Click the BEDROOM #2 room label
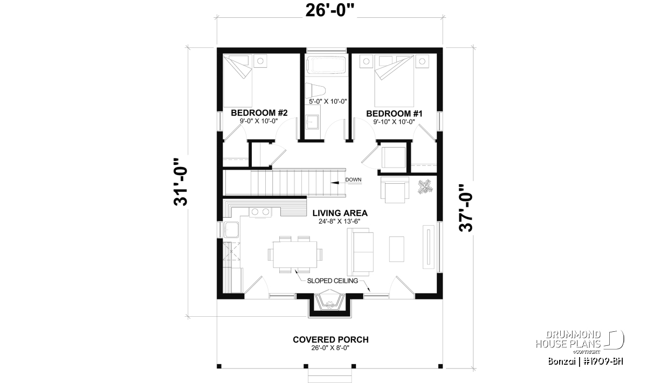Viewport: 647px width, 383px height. pyautogui.click(x=259, y=113)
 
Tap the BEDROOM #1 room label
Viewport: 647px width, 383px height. pyautogui.click(x=394, y=114)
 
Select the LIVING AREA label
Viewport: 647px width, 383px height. pyautogui.click(x=340, y=213)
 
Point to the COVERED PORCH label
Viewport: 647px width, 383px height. pyautogui.click(x=331, y=340)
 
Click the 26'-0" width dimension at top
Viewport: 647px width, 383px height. pyautogui.click(x=329, y=11)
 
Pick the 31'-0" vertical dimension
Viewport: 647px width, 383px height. pyautogui.click(x=181, y=182)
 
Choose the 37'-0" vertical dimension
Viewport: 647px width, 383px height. pyautogui.click(x=466, y=208)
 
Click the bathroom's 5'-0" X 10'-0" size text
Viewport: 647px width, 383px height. pyautogui.click(x=328, y=101)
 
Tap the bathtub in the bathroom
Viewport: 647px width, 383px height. pyautogui.click(x=326, y=65)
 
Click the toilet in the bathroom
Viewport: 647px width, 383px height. pyautogui.click(x=315, y=90)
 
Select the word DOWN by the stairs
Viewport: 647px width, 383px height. pyautogui.click(x=353, y=179)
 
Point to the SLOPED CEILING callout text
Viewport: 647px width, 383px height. pyautogui.click(x=333, y=281)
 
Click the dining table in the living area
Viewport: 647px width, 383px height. pyautogui.click(x=295, y=255)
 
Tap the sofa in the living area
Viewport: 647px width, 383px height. pyautogui.click(x=360, y=252)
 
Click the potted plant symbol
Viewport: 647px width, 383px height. pyautogui.click(x=425, y=187)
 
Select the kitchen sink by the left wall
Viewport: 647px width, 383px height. pyautogui.click(x=231, y=229)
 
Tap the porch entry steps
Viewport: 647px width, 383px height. pyautogui.click(x=330, y=375)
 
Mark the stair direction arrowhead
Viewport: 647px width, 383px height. pyautogui.click(x=335, y=183)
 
